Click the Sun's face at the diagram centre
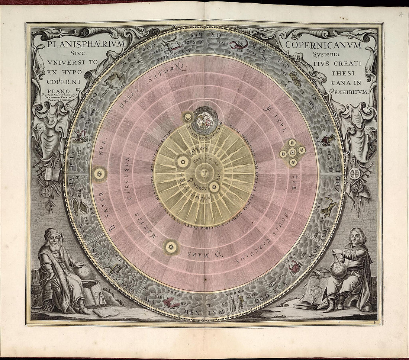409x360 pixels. tap(204, 173)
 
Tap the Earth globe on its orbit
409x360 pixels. tap(205, 120)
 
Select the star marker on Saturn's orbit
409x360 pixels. tap(99, 173)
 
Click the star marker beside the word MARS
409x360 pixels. tap(171, 247)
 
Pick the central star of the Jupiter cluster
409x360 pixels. tap(293, 152)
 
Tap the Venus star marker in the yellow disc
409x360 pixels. tap(183, 161)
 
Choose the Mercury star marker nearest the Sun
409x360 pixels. tap(214, 187)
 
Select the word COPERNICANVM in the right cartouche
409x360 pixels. tap(323, 46)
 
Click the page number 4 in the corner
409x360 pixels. tap(401, 15)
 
